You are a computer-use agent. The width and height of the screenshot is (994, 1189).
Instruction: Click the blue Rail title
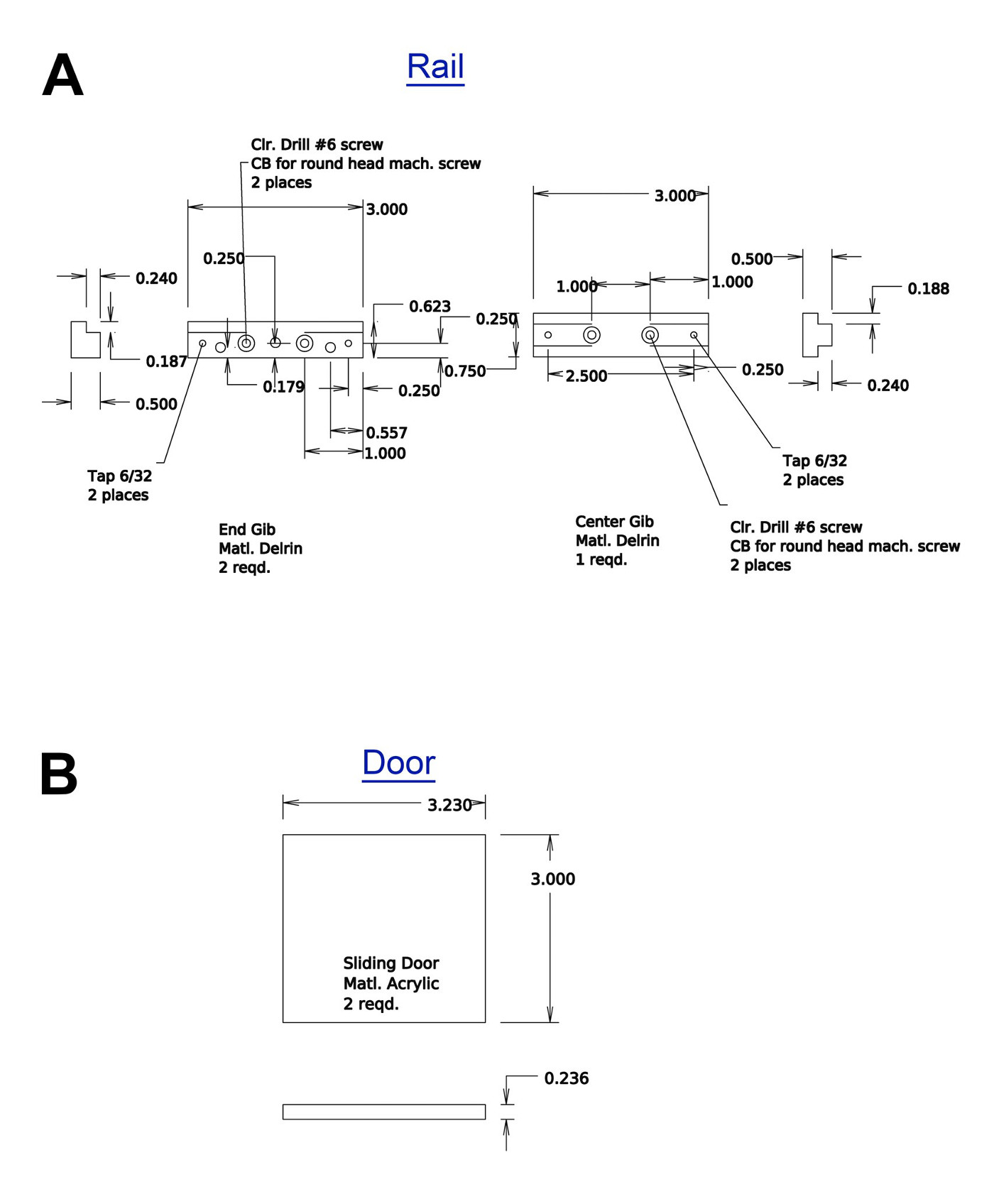pos(435,67)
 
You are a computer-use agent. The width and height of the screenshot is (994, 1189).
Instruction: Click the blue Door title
pos(398,764)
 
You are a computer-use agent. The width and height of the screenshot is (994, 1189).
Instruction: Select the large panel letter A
pos(62,75)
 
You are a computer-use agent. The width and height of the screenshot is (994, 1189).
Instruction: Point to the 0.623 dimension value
pos(430,307)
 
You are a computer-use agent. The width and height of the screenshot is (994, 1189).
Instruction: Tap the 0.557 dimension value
pos(386,433)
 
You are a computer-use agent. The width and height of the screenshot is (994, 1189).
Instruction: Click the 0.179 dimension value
pos(283,387)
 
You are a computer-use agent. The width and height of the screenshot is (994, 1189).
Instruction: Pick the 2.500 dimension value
pos(586,376)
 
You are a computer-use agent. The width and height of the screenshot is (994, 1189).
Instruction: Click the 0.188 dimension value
pos(928,289)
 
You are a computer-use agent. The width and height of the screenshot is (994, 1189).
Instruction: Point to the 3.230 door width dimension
pos(449,806)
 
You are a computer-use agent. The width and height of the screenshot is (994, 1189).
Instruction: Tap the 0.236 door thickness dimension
pos(567,1079)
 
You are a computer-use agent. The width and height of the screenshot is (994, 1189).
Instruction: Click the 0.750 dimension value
pos(465,371)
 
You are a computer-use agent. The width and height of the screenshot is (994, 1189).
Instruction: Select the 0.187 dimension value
pos(166,361)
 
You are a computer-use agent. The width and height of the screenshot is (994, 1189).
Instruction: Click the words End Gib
pos(246,530)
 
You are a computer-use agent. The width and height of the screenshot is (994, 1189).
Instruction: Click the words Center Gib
pos(614,522)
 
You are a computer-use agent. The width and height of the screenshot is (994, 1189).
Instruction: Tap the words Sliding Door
pos(391,963)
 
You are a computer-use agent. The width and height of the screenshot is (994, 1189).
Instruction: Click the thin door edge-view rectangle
pos(384,1105)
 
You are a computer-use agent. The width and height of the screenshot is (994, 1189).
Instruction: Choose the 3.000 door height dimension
pos(552,880)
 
